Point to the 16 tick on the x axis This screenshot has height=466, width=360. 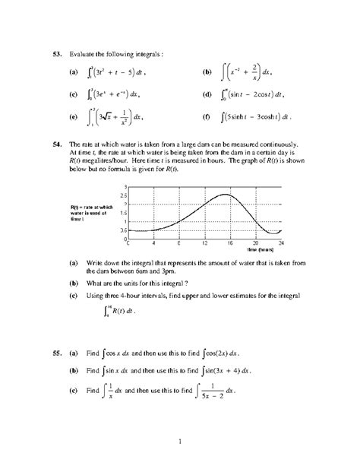tap(229, 243)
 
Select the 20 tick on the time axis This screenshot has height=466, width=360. tap(255, 243)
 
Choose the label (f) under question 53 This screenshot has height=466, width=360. tap(207, 118)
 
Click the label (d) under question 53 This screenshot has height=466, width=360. tap(207, 96)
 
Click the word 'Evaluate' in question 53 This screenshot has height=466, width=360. tap(81, 54)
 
